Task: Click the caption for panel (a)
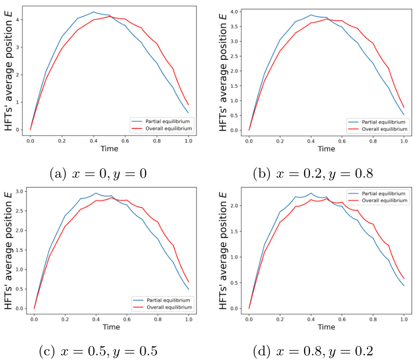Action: pyautogui.click(x=98, y=173)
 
